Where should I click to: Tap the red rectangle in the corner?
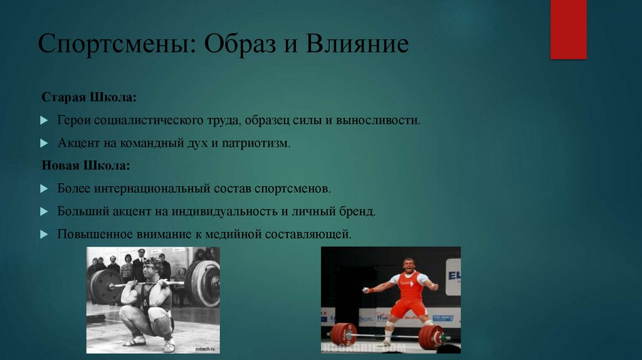click(x=568, y=29)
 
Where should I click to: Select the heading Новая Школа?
click(x=86, y=166)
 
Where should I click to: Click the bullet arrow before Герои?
click(x=43, y=120)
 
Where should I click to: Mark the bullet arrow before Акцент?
click(x=43, y=143)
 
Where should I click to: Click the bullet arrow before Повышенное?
click(x=43, y=234)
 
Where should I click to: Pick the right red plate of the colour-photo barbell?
click(x=431, y=337)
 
